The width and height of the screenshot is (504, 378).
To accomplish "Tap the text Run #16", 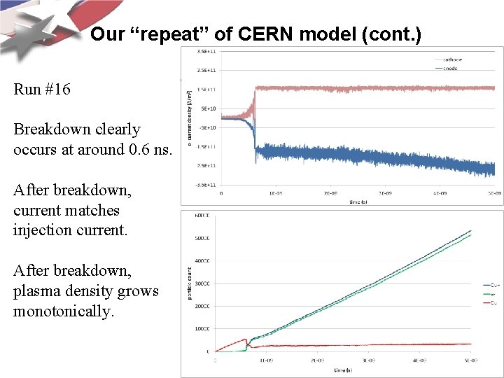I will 42,90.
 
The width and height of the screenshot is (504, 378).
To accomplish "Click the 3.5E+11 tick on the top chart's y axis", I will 206,52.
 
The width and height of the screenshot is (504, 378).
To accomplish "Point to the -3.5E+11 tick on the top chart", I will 206,185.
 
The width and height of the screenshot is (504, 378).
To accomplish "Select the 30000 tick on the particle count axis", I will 202,283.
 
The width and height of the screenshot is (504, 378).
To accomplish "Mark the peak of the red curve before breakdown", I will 245,339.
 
